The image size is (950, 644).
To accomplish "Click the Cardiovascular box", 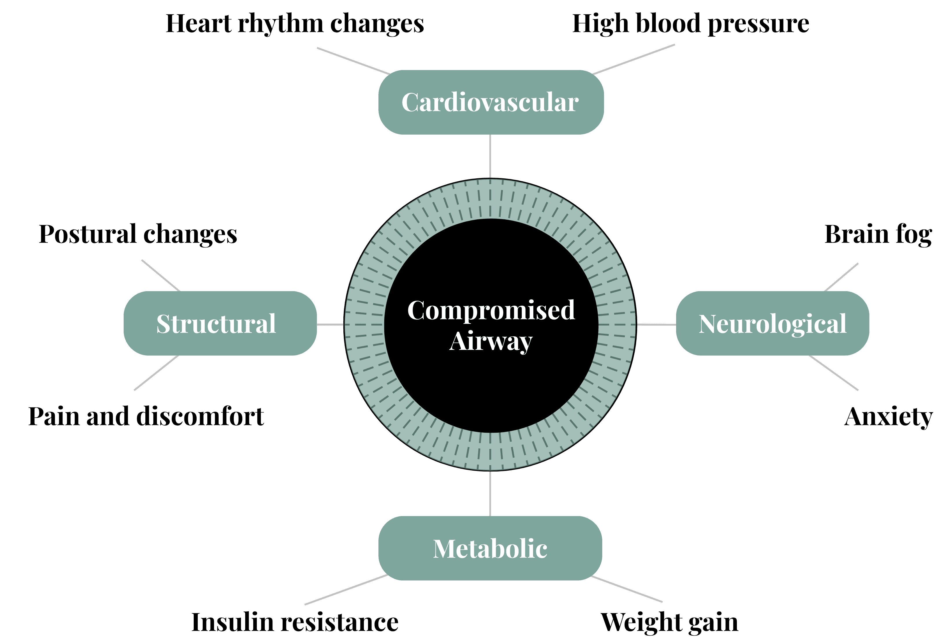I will pyautogui.click(x=490, y=102).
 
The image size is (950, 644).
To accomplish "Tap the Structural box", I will pyautogui.click(x=220, y=323).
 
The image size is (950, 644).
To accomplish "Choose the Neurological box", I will pyautogui.click(x=772, y=323).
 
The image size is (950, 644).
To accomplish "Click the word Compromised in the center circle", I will pyautogui.click(x=491, y=311).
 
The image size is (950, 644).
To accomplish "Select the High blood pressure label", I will pyautogui.click(x=691, y=24).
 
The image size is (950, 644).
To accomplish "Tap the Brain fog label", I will pyautogui.click(x=878, y=234).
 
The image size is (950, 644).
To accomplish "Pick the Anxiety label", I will pyautogui.click(x=888, y=417).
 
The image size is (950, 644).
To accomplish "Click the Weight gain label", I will pyautogui.click(x=669, y=622).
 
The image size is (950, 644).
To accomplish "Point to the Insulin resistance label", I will pyautogui.click(x=295, y=622).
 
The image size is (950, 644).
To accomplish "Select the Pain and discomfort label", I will pyautogui.click(x=146, y=417).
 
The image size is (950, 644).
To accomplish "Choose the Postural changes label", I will pyautogui.click(x=138, y=234).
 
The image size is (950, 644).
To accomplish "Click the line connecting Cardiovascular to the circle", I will pyautogui.click(x=490, y=157).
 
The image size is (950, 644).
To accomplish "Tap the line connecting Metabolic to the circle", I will pyautogui.click(x=490, y=493).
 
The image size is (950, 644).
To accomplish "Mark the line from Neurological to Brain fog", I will pyautogui.click(x=841, y=277).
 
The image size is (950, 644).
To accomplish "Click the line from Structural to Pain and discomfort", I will pyautogui.click(x=157, y=373).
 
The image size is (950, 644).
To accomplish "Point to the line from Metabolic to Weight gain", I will pyautogui.click(x=627, y=589).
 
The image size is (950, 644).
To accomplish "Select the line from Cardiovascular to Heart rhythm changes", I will pyautogui.click(x=353, y=61).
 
